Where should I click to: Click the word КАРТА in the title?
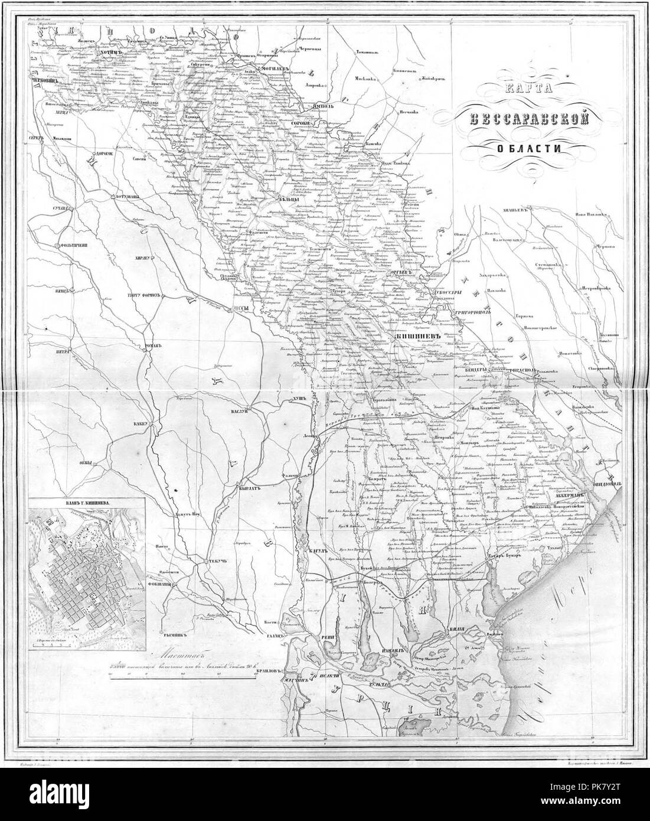523,89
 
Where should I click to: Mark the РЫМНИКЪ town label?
177,636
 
